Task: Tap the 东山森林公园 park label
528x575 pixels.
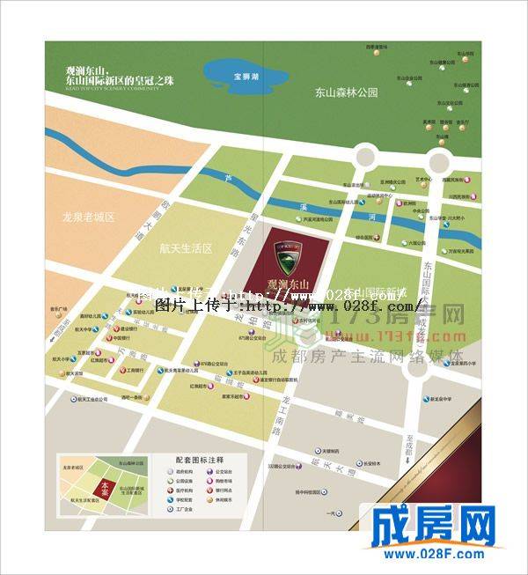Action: click(348, 92)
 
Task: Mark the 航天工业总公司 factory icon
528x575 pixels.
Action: click(87, 399)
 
